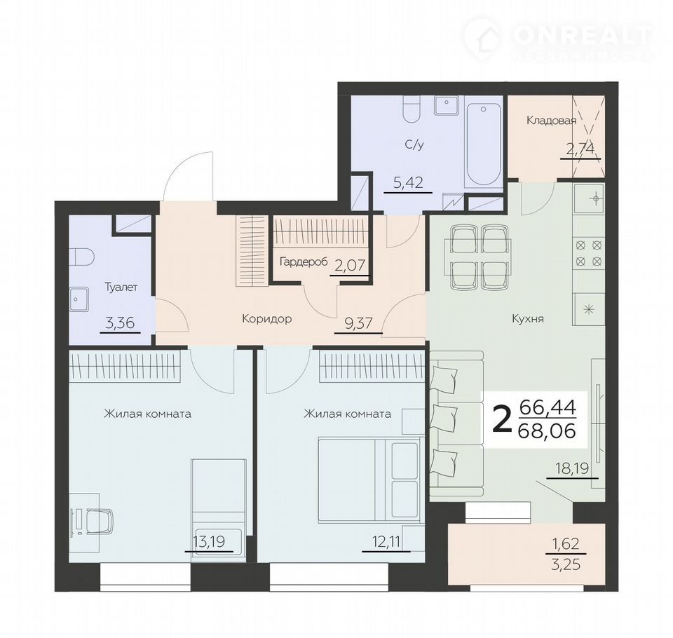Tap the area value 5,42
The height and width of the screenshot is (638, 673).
coord(409,182)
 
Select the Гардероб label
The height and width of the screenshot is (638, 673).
coord(304,262)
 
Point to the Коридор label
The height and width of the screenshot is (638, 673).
coord(267,318)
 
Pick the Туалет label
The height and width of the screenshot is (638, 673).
coord(121,287)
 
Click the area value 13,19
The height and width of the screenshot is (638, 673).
coord(209,542)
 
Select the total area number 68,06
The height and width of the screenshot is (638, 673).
coord(547,430)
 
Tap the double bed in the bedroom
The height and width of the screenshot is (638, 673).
coord(369,479)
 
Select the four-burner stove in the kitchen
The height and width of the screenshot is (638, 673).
coord(588,253)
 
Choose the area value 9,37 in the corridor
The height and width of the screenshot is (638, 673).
coord(358,323)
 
